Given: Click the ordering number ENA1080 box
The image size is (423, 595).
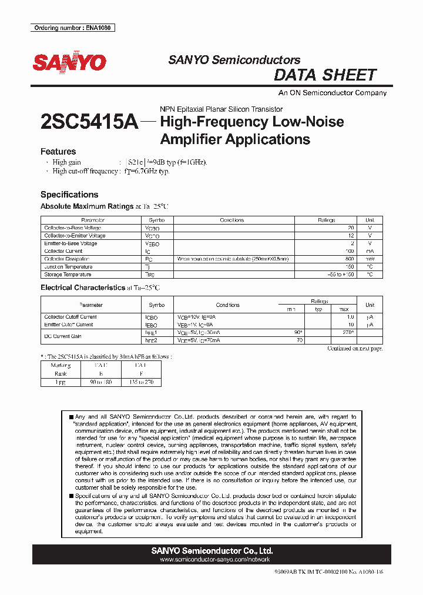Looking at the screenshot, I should coord(72,28).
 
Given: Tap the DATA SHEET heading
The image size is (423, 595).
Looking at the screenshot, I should coord(325,75).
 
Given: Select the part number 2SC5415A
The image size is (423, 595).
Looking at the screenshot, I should coord(89,122).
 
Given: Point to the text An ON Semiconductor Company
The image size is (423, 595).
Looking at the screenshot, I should coord(333,93).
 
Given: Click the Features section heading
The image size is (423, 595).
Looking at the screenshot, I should coord(58,151).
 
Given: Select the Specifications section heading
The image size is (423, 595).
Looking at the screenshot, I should coord(69,195).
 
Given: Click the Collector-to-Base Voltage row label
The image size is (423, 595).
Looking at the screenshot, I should coord(73,228).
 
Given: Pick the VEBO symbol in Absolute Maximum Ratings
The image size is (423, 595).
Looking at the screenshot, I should coord(152,243).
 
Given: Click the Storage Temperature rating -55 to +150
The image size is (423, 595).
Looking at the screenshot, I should coord(341,275).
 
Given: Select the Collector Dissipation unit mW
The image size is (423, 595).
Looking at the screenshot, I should coord(369,259).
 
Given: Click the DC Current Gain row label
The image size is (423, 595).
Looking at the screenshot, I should coord(63,336).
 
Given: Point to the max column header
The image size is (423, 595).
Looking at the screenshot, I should coord(344,309).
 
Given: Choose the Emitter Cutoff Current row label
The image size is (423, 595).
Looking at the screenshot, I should coord(69,325).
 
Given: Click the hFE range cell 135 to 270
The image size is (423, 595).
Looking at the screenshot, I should coord(132,382).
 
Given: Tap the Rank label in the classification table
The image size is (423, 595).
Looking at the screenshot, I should coord(60,373).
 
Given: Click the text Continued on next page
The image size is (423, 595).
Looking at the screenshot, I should coord(354,349).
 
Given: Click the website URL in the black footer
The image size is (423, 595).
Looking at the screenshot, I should coord(211,560).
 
